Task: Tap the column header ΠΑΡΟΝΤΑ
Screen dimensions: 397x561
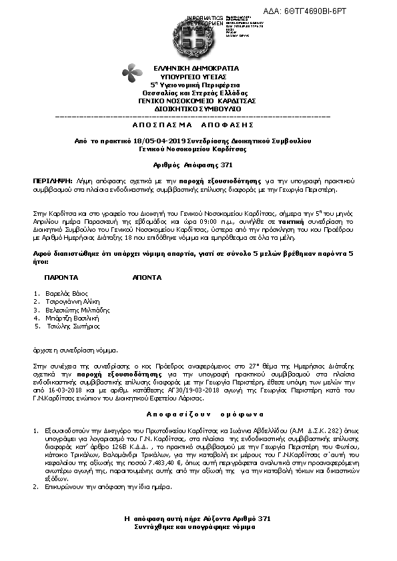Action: pyautogui.click(x=61, y=276)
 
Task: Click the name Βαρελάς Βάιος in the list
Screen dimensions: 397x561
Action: pyautogui.click(x=69, y=293)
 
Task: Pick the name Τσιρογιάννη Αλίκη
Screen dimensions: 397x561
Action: pyautogui.click(x=74, y=301)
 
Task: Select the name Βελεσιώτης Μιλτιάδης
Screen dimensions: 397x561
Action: pyautogui.click(x=78, y=310)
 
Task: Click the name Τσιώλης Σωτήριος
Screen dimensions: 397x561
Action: pyautogui.click(x=73, y=326)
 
